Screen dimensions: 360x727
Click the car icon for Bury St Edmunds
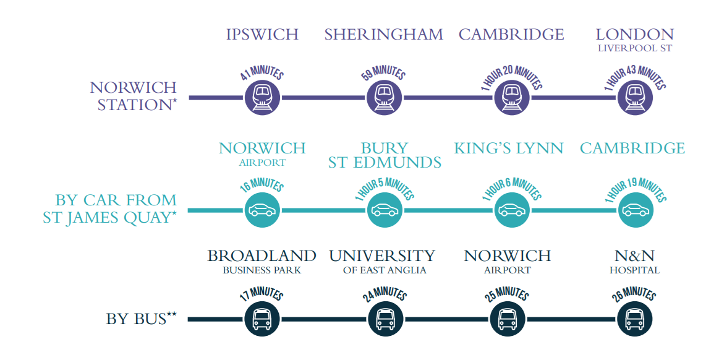pyautogui.click(x=384, y=210)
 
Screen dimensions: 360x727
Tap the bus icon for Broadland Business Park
pyautogui.click(x=263, y=319)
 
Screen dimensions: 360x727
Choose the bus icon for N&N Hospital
pyautogui.click(x=635, y=319)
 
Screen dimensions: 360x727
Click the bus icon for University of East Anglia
pyautogui.click(x=385, y=319)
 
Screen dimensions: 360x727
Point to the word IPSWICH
pyautogui.click(x=262, y=35)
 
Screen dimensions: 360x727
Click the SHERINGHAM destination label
pyautogui.click(x=384, y=35)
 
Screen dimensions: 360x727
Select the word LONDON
pyautogui.click(x=634, y=35)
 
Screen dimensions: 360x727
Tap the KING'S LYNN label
pyautogui.click(x=509, y=148)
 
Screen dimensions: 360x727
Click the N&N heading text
pyautogui.click(x=634, y=255)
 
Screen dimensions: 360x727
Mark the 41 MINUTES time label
pyautogui.click(x=262, y=74)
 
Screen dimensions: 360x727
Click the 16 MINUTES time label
pyautogui.click(x=262, y=186)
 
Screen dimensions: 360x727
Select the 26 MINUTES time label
pyautogui.click(x=635, y=293)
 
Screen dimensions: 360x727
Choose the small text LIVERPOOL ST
pyautogui.click(x=634, y=48)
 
